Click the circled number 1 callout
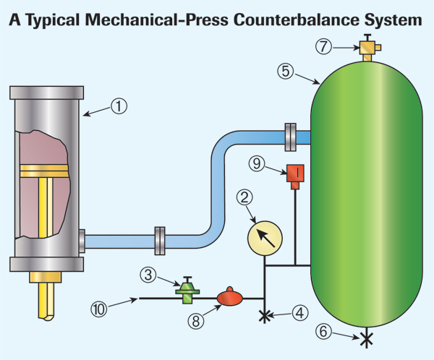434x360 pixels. pos(119,106)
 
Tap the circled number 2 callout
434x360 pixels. pos(244,197)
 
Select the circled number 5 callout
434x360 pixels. pos(286,71)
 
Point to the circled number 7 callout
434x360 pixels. pos(323,46)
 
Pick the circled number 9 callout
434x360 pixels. pos(257,163)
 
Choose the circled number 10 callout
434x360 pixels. pos(99,309)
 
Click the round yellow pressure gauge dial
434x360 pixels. pos(265,239)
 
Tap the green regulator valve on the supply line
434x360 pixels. pos(187,290)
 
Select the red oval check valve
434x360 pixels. pos(230,296)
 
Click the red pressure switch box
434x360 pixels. pos(295,176)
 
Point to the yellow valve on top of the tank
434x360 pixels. pos(368,47)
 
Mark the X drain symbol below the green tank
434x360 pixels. pos(367,339)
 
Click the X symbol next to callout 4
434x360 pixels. pos(265,316)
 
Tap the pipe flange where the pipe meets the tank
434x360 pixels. pos(290,137)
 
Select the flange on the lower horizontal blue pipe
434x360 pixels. pos(160,241)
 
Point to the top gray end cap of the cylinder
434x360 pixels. pos(46,93)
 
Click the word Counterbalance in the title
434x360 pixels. pos(296,20)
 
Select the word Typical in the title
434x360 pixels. pos(53,20)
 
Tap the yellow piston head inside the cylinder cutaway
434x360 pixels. pos(44,171)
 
